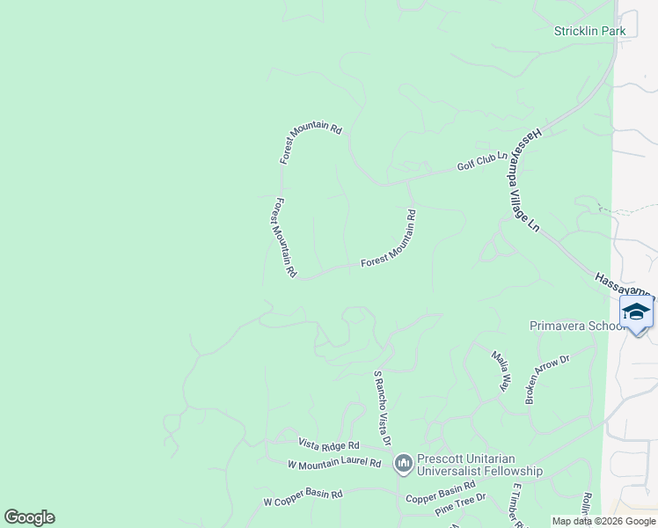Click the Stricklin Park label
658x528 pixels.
click(589, 31)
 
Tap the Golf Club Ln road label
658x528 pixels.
click(482, 161)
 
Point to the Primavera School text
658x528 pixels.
click(575, 326)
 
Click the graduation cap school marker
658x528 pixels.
click(636, 312)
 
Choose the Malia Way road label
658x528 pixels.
click(501, 370)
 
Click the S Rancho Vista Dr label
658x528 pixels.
click(383, 407)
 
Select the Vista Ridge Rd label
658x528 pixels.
click(329, 445)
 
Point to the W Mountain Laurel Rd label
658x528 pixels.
click(334, 463)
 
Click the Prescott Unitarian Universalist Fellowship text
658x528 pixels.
click(479, 465)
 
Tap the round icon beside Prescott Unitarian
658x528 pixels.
click(403, 462)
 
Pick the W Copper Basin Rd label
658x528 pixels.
click(303, 497)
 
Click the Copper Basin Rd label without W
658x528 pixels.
click(440, 494)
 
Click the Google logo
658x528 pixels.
click(29, 517)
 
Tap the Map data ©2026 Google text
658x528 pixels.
click(603, 521)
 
